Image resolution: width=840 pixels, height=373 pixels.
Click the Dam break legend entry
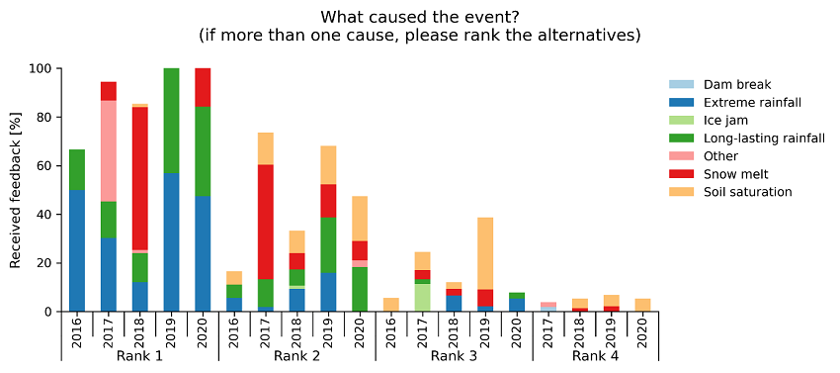[x=737, y=84]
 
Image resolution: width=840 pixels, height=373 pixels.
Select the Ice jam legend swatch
[x=683, y=120]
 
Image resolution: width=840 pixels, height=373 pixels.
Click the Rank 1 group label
[x=139, y=356]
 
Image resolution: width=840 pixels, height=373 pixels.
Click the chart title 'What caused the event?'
[x=419, y=17]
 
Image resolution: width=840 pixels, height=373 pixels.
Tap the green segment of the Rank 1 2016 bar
[x=76, y=169]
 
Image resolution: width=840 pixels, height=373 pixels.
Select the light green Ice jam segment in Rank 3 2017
[x=423, y=298]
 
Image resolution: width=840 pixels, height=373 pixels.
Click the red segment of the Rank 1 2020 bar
[x=203, y=87]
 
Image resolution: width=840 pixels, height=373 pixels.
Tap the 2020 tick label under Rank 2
[x=360, y=327]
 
